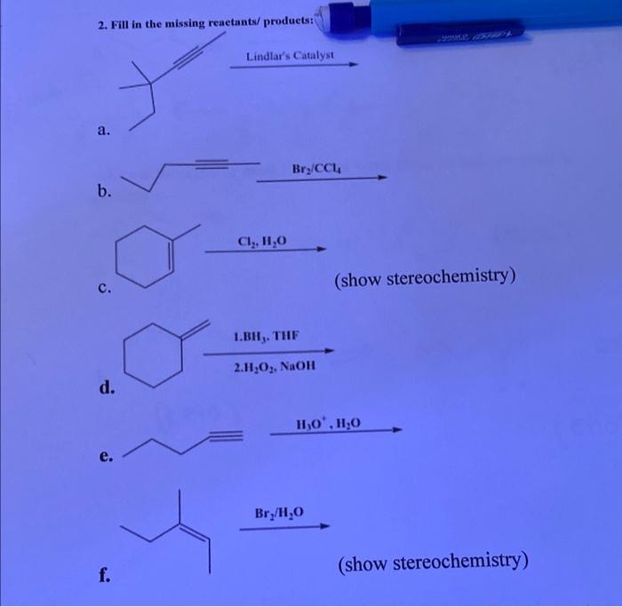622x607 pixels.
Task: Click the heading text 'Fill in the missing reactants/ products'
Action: pos(206,21)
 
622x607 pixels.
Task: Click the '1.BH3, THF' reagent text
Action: pos(267,338)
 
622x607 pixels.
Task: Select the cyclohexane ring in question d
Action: pos(148,354)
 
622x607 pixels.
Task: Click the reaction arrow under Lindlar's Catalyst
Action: pos(293,66)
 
